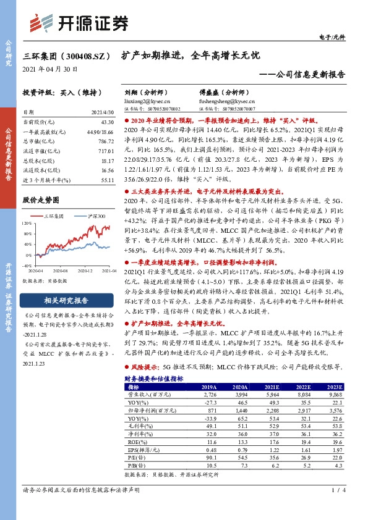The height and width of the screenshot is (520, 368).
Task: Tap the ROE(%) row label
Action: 134,442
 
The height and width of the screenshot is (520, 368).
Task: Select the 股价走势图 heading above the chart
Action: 41,200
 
